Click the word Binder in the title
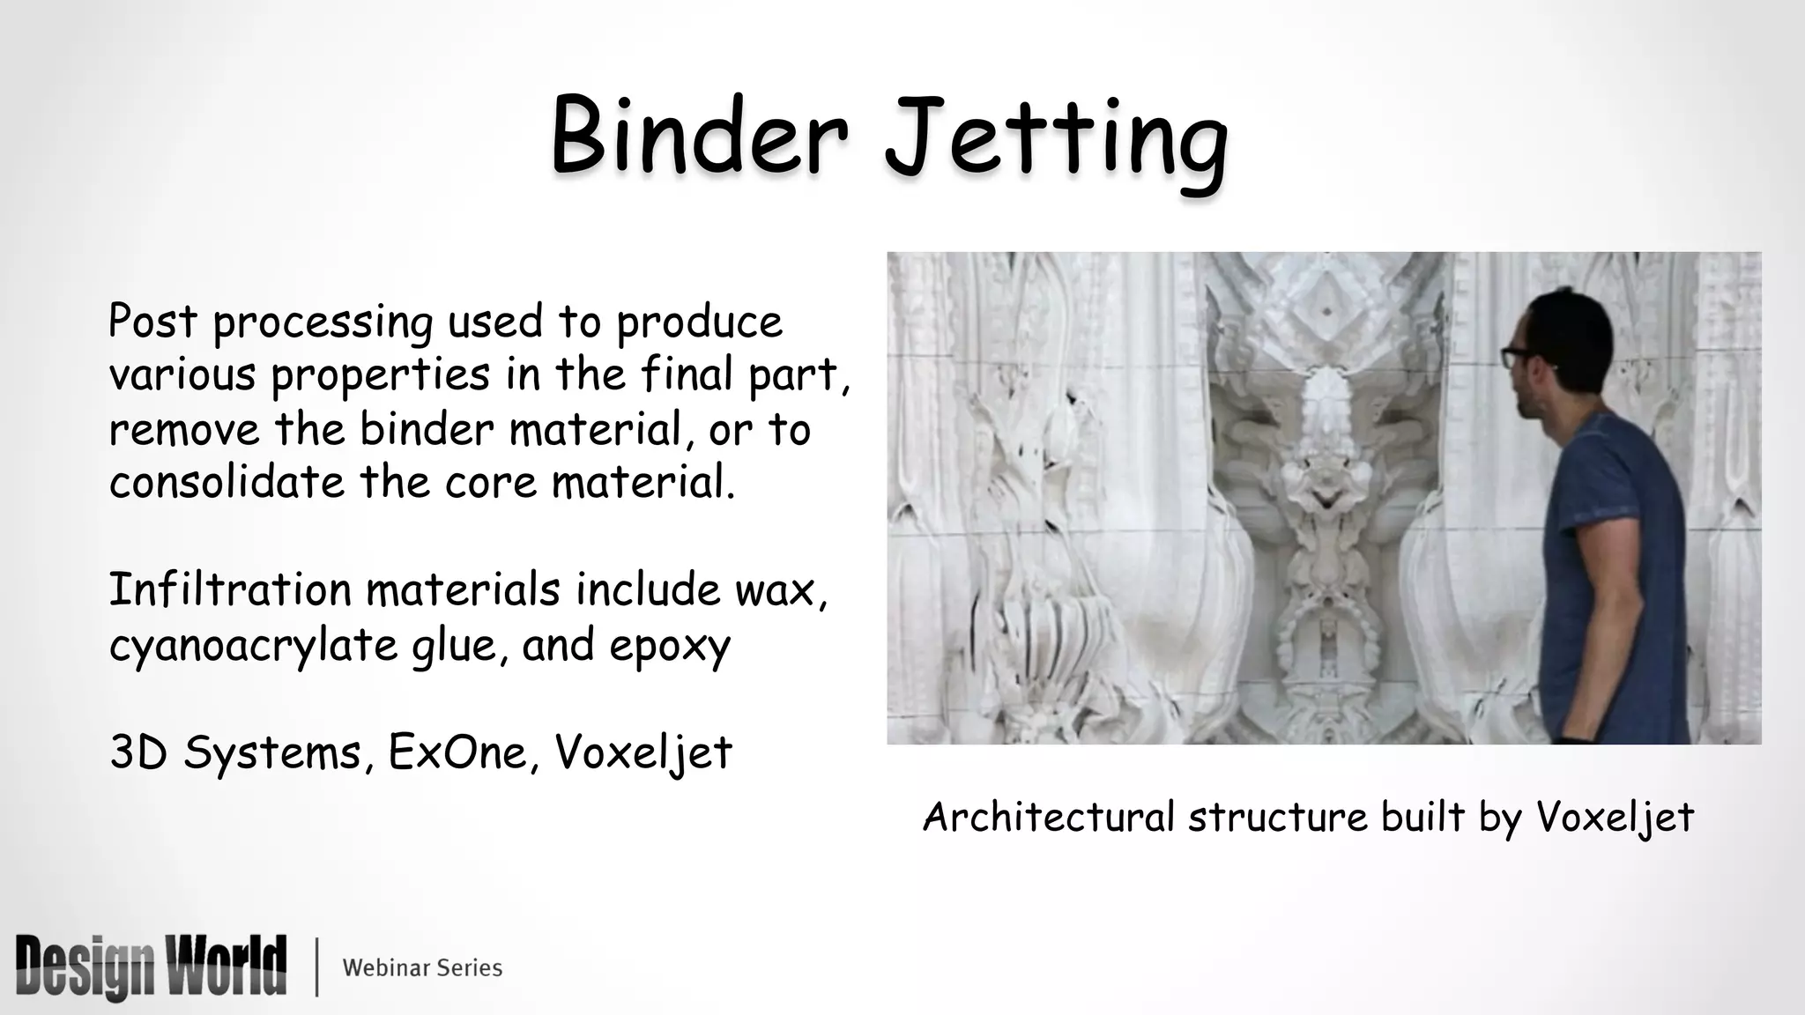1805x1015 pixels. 699,137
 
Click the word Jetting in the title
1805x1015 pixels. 1056,141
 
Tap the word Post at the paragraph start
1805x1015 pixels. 152,321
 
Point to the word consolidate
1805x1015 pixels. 227,482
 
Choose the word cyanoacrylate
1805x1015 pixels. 253,646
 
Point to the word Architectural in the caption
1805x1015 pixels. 1048,817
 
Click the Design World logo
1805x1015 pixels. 151,967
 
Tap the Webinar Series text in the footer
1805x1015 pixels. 422,968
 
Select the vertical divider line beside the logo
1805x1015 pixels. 316,967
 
